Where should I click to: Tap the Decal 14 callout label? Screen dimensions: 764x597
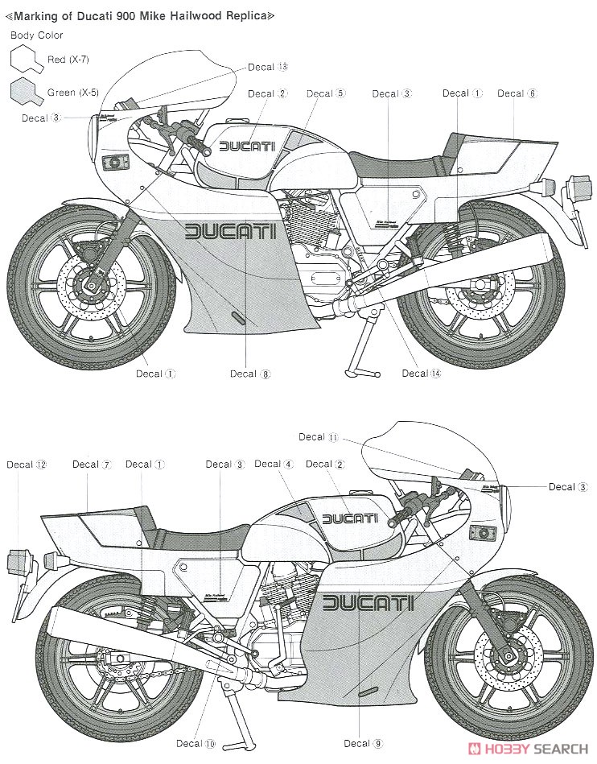(422, 373)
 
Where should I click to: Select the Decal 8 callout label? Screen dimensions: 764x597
(250, 374)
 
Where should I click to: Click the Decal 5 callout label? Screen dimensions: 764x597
(325, 93)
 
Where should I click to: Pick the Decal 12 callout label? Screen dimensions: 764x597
(27, 465)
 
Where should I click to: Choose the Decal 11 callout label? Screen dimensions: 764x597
(319, 437)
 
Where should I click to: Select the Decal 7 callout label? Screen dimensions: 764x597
(91, 464)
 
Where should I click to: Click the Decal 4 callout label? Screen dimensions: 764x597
(274, 464)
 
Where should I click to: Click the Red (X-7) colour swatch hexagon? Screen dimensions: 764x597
(27, 60)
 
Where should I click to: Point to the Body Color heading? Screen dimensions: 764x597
(36, 35)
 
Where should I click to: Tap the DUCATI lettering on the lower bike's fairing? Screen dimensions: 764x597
(368, 603)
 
